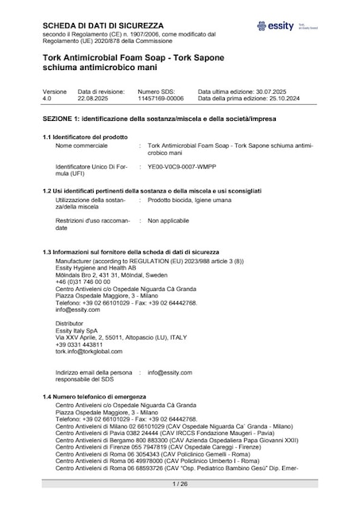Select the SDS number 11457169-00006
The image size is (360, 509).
(x=161, y=99)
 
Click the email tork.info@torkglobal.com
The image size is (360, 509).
(x=89, y=351)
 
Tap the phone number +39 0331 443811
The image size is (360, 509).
(x=79, y=344)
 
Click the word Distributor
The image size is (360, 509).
(x=69, y=324)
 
